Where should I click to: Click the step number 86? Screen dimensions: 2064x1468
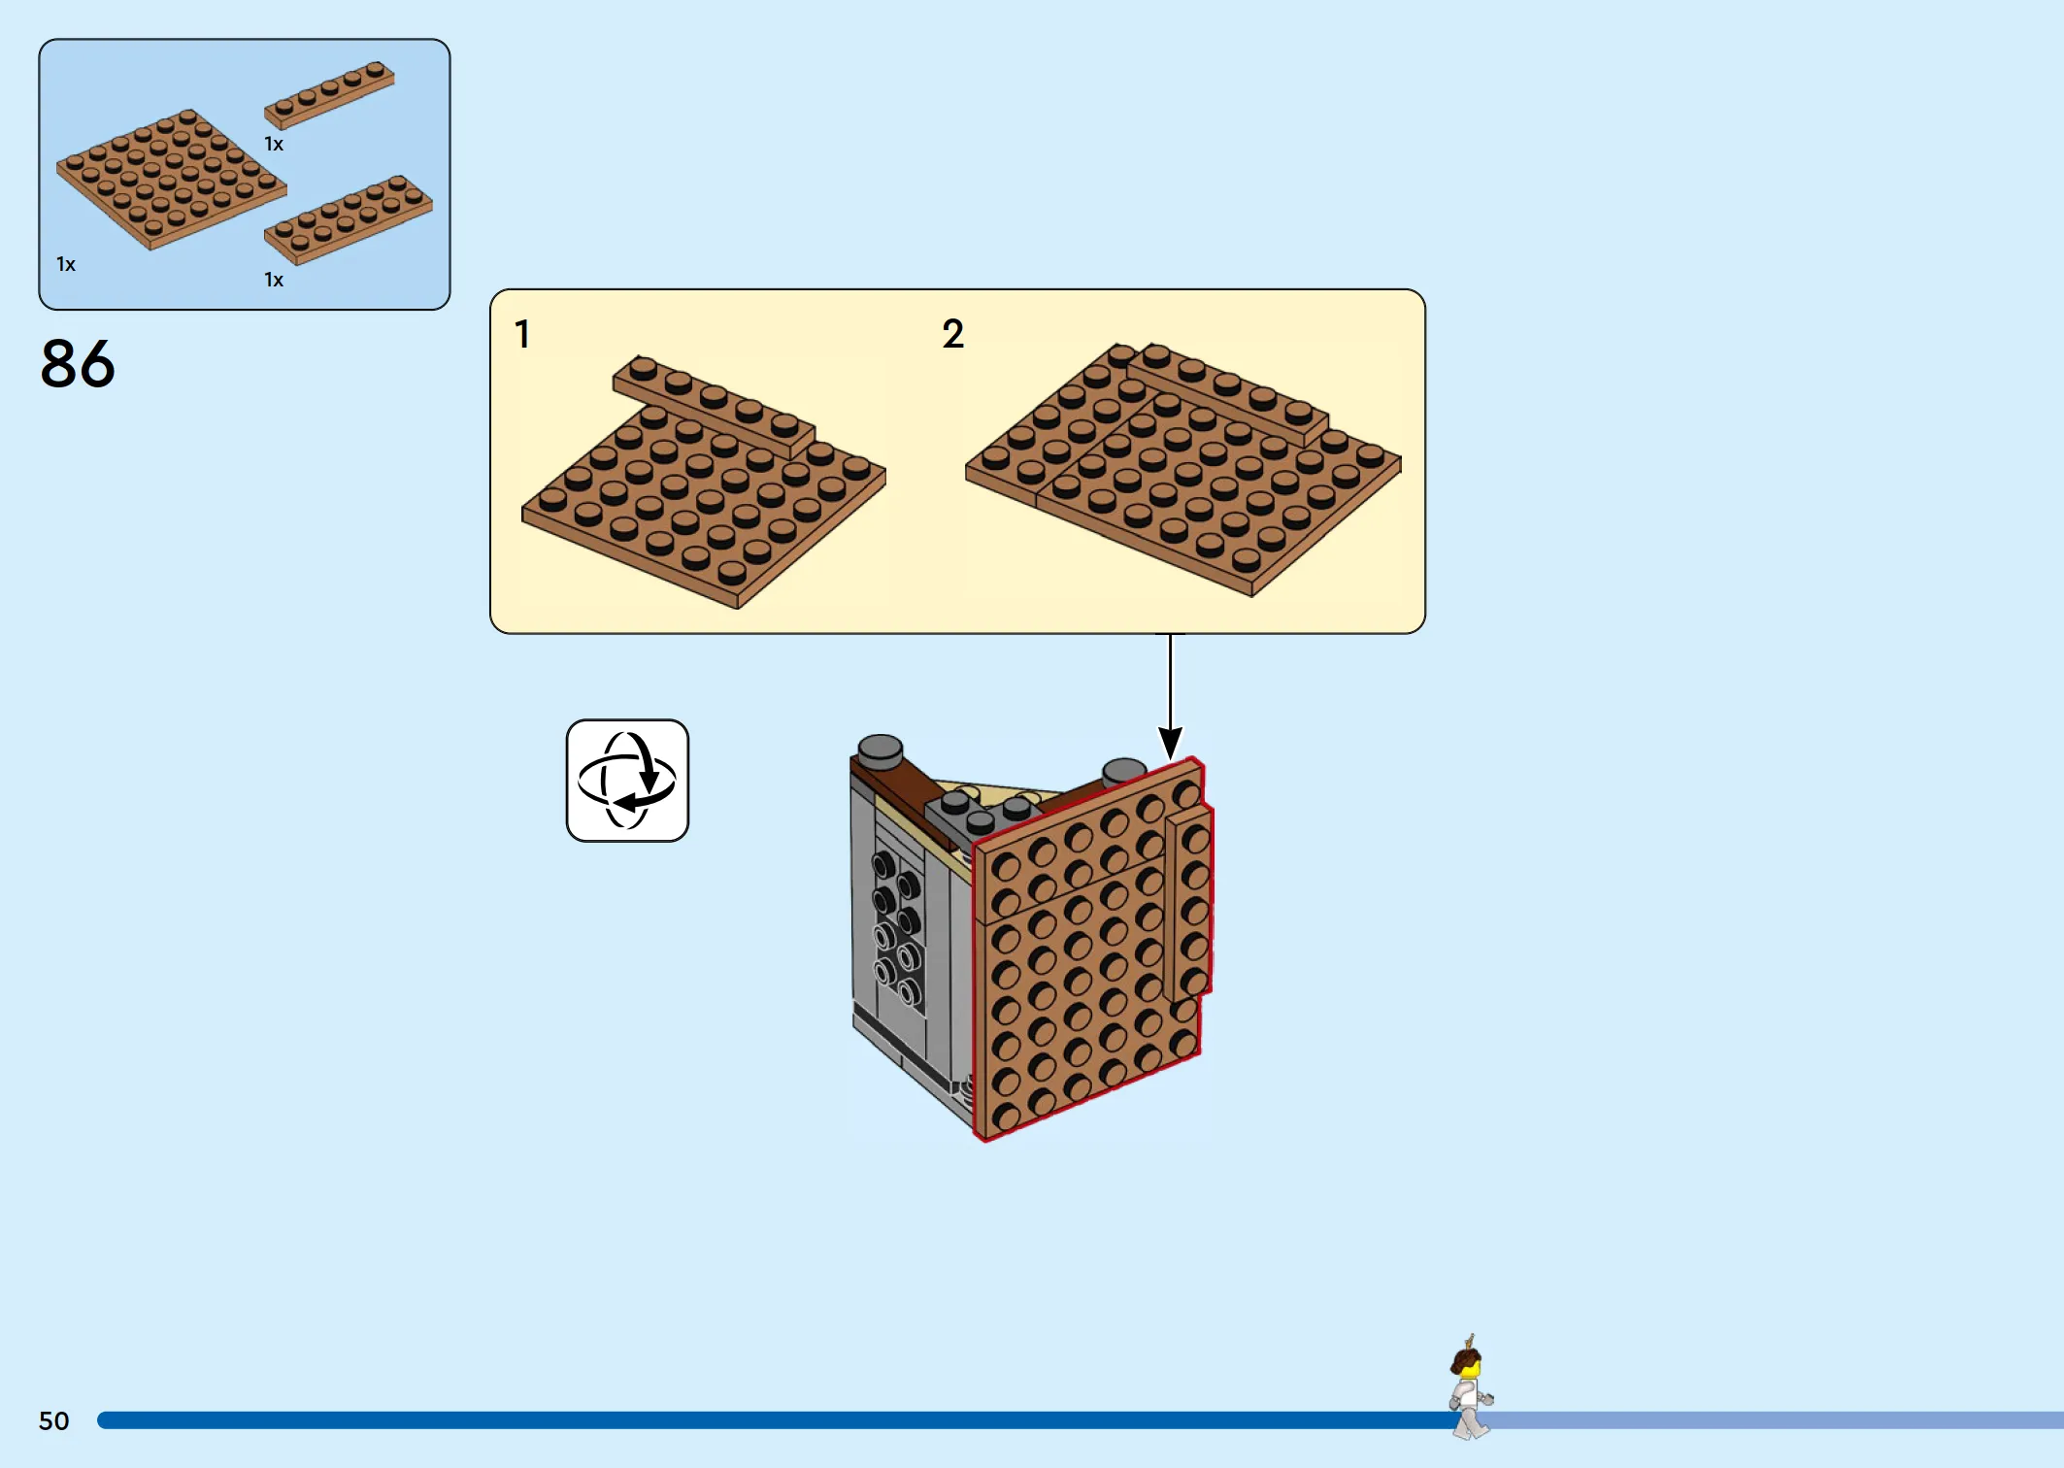78,364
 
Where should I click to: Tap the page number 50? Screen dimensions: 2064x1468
54,1421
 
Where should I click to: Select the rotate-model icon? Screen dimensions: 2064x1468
627,781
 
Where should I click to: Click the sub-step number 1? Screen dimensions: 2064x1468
522,334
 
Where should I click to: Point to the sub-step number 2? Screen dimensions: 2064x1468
952,334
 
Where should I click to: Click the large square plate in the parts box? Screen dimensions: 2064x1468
171,179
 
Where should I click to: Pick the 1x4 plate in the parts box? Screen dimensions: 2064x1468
329,94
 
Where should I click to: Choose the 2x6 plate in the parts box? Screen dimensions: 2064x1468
348,219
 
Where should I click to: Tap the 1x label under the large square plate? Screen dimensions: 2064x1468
66,264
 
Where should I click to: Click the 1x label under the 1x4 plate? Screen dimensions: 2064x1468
274,145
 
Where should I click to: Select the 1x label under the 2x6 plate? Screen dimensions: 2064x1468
274,281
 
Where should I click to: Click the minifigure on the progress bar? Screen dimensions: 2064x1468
1470,1386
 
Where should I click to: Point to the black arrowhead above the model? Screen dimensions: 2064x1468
1171,744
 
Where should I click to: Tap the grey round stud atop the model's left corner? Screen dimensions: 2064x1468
880,751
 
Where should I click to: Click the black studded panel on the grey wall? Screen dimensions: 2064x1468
897,928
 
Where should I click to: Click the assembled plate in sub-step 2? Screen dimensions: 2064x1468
1183,469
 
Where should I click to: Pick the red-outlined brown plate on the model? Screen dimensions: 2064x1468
1093,950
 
